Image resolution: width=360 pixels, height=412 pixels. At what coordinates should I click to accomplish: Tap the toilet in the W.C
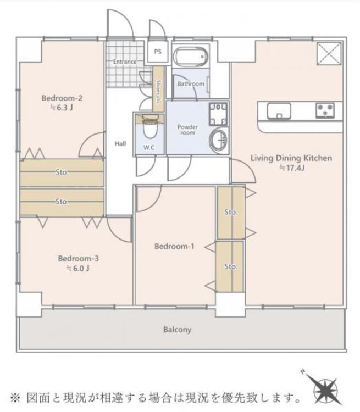[x=150, y=127]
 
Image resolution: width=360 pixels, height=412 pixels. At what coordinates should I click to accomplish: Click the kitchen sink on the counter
[x=279, y=111]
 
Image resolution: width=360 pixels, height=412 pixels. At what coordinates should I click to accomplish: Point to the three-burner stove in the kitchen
[x=325, y=110]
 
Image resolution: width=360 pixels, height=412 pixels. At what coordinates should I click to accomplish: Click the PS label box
[x=158, y=52]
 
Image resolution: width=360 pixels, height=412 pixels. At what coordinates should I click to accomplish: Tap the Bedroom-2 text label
[x=62, y=98]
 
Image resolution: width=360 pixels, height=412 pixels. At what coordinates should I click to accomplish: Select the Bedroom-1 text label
[x=174, y=246]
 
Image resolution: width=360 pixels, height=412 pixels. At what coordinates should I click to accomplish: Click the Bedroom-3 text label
[x=79, y=258]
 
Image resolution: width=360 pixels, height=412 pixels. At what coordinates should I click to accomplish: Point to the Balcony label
[x=177, y=330]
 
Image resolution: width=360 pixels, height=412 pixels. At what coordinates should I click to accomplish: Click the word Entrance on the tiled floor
[x=125, y=62]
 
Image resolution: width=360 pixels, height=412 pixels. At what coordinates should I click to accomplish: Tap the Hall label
[x=120, y=143]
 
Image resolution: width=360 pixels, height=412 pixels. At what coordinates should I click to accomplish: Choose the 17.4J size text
[x=292, y=168]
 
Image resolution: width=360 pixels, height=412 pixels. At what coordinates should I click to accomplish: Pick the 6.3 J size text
[x=62, y=108]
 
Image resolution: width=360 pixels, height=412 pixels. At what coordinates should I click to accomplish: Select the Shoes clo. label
[x=158, y=92]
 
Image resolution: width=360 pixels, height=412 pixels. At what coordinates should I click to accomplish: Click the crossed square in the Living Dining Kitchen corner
[x=329, y=54]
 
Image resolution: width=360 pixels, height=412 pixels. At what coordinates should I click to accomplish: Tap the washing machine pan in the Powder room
[x=218, y=114]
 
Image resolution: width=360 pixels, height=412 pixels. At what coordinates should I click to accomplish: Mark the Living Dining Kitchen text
[x=291, y=158]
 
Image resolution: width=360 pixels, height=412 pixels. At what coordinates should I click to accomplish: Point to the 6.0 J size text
[x=78, y=268]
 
